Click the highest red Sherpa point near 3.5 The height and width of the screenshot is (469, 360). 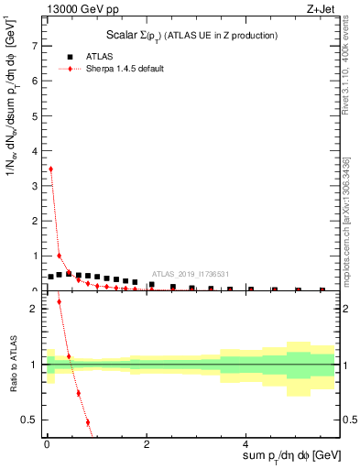pos(50,169)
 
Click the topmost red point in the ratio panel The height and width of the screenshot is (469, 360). pos(60,301)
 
